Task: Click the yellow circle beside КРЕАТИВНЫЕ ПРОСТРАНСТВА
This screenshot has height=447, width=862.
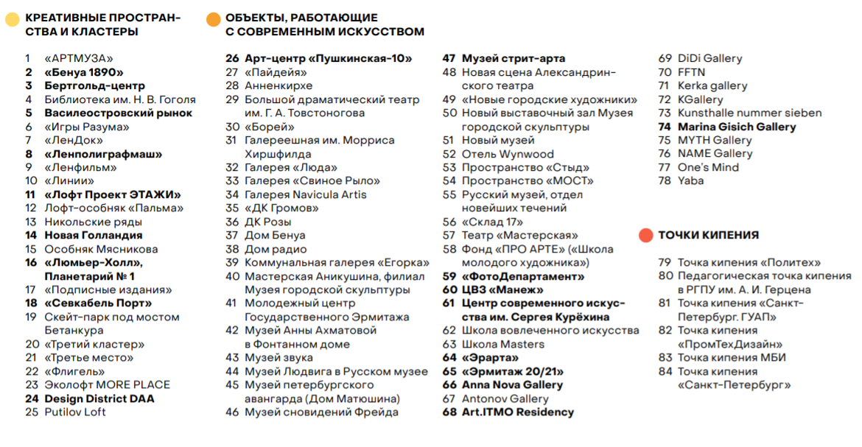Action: point(13,20)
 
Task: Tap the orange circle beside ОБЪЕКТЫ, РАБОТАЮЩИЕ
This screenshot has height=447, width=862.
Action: point(214,20)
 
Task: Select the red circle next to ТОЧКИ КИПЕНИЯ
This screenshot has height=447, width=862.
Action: point(645,235)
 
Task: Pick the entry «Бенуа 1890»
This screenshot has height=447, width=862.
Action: point(84,72)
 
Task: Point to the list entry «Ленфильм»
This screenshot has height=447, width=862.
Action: point(80,167)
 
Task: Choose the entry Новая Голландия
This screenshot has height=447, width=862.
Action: point(94,235)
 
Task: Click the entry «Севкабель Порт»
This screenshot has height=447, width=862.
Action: point(98,303)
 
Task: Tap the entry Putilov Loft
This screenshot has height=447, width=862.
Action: point(75,412)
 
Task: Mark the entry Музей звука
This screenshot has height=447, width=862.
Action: point(278,357)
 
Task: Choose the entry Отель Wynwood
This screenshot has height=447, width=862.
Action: point(508,154)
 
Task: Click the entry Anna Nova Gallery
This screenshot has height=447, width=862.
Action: point(512,384)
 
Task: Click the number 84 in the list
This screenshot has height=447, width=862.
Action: point(666,371)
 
